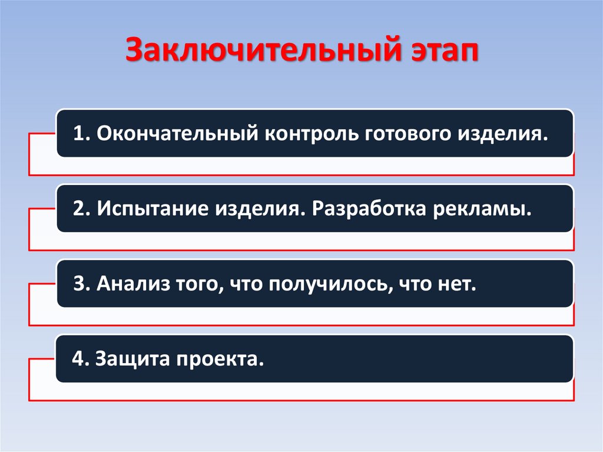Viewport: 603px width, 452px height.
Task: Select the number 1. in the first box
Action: coord(81,133)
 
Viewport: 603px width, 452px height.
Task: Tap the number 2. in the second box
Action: coord(81,209)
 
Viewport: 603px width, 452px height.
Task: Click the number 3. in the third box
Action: coord(81,284)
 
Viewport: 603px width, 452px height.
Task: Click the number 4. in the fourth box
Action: coord(80,358)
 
